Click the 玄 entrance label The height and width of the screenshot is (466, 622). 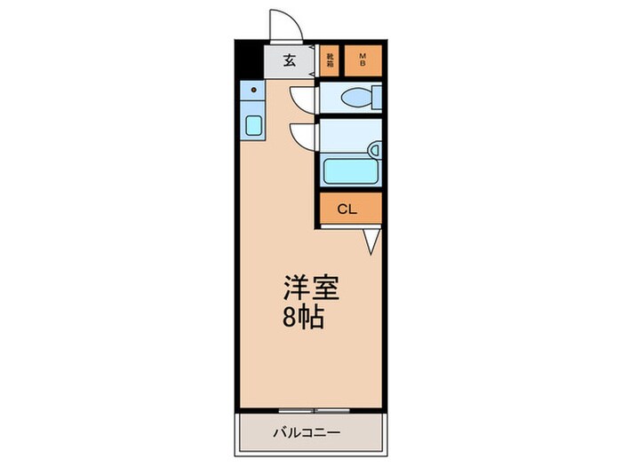[290, 61]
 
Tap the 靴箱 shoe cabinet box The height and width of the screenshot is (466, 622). [331, 60]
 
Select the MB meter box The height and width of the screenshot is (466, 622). [363, 60]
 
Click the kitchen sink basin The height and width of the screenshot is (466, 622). [252, 124]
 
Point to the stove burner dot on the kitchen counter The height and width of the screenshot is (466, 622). [253, 90]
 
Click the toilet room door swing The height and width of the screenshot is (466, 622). [302, 98]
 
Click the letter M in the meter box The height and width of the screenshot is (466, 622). [363, 56]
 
